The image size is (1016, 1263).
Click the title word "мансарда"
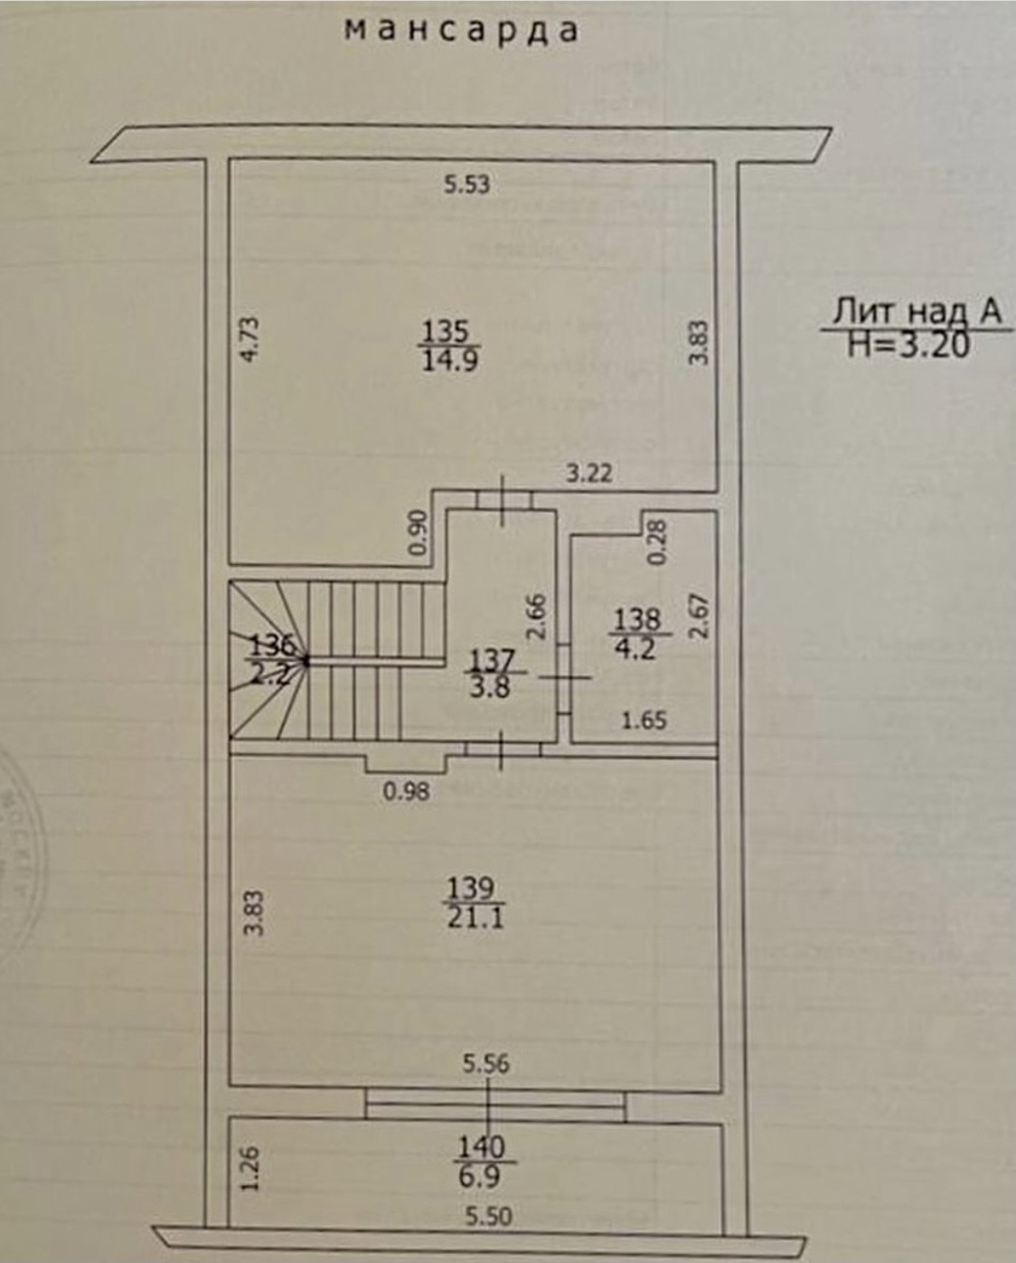point(462,31)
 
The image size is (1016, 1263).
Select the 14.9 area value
point(449,361)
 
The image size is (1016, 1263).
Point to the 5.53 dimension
point(466,184)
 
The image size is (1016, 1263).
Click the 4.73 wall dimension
point(252,338)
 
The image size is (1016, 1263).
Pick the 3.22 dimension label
point(589,472)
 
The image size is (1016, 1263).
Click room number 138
point(637,619)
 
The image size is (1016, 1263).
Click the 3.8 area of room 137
point(489,686)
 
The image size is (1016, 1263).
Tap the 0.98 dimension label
point(406,793)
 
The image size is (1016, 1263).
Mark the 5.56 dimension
point(486,1064)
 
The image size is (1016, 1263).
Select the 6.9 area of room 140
point(480,1176)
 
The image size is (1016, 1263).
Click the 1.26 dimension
point(252,1169)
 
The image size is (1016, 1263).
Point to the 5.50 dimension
point(488,1216)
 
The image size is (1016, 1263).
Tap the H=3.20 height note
point(908,344)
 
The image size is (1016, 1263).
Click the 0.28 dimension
point(657,542)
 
